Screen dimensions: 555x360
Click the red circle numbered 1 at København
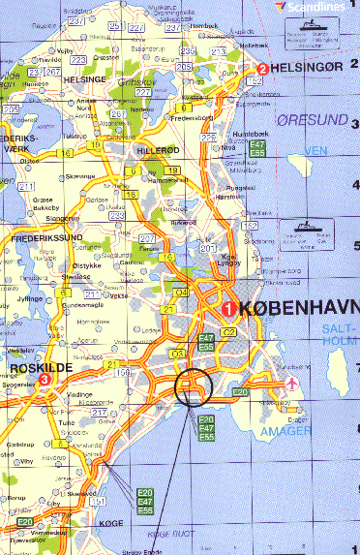pos(228,309)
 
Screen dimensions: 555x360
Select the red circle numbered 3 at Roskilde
pos(45,380)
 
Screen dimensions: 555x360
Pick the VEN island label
pos(315,151)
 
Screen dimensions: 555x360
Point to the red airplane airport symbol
pos(292,384)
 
